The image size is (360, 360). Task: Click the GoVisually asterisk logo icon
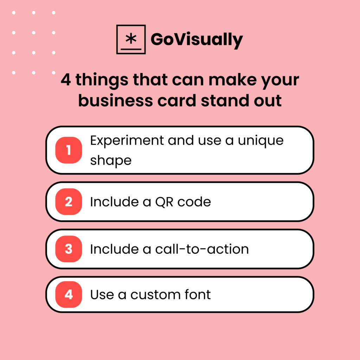[131, 39]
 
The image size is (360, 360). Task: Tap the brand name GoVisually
[197, 40]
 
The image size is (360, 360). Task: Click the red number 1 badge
[69, 150]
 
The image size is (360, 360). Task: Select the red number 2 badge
[69, 202]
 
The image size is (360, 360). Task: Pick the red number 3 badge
[69, 249]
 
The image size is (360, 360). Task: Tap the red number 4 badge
[69, 294]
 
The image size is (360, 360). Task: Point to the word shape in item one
[111, 160]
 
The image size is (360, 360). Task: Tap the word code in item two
[194, 202]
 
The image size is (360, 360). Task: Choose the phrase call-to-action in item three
[202, 249]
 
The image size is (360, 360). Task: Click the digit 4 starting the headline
[66, 81]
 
